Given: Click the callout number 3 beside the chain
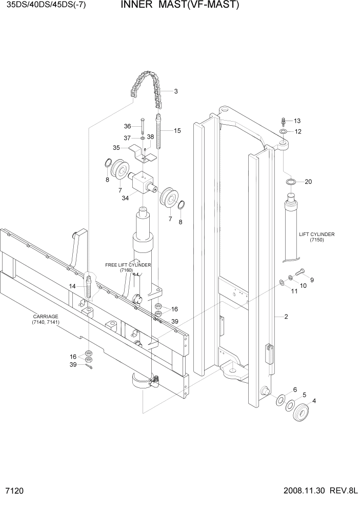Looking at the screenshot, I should click(x=176, y=92).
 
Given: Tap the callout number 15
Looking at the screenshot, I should click(x=177, y=131).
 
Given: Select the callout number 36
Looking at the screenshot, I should click(x=128, y=126).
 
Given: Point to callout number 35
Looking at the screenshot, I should click(x=116, y=148).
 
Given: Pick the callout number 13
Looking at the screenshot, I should click(x=297, y=121).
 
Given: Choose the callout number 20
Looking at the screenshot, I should click(x=308, y=182).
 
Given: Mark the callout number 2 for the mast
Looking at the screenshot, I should click(x=286, y=317).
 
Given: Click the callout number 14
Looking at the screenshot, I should click(x=72, y=286).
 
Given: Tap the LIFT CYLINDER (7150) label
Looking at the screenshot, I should click(x=316, y=237).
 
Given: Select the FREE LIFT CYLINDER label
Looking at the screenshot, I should click(x=128, y=267).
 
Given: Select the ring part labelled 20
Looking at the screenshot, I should click(x=290, y=182).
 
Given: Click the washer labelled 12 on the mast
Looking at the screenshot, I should click(x=284, y=132).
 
